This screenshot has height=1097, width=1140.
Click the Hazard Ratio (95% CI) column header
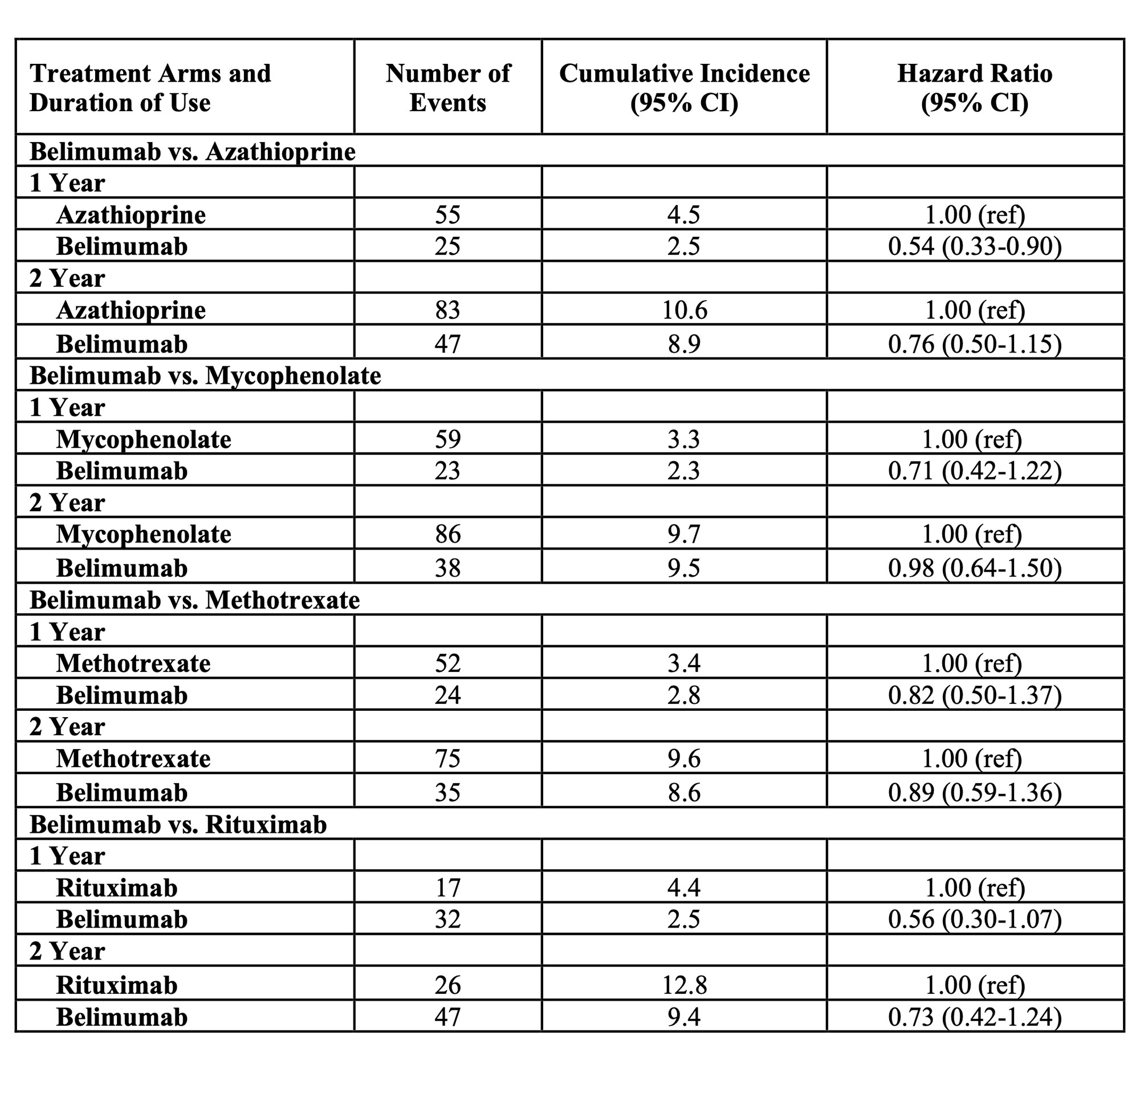[975, 87]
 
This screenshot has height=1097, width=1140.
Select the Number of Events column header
[448, 87]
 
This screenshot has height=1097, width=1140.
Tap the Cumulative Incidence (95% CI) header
[684, 87]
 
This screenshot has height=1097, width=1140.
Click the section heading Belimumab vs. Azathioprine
[193, 151]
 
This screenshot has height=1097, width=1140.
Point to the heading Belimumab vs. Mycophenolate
[205, 375]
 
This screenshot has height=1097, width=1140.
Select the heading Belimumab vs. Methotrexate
[195, 600]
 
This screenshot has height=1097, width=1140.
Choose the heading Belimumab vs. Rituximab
[178, 824]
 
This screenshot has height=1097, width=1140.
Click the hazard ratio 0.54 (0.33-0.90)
[975, 246]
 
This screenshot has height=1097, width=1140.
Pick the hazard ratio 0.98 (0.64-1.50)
[975, 568]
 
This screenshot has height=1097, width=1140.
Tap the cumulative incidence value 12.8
[684, 985]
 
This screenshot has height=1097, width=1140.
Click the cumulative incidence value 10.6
[684, 310]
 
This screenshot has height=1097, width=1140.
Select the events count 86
[448, 533]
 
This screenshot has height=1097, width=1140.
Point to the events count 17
[448, 888]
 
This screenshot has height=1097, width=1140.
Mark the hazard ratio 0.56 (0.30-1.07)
[975, 919]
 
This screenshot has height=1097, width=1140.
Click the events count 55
[448, 214]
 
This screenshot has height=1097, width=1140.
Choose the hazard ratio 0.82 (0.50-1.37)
[975, 695]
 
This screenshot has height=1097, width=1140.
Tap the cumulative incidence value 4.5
[684, 214]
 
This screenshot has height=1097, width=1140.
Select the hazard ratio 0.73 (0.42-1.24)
[975, 1017]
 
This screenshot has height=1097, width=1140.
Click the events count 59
[448, 439]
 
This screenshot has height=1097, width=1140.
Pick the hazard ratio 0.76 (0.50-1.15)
[975, 344]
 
